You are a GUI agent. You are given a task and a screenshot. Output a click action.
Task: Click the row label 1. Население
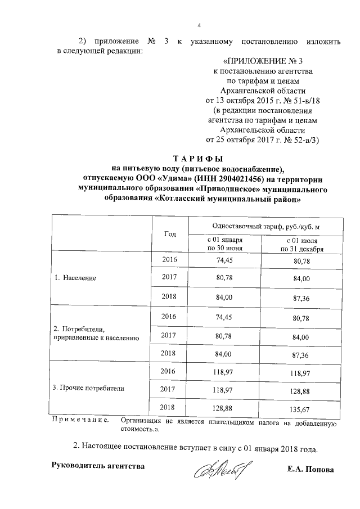[x=75, y=278]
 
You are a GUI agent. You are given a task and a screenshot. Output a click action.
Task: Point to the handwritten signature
[x=222, y=468]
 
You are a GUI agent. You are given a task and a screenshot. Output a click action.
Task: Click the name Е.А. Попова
[x=310, y=469]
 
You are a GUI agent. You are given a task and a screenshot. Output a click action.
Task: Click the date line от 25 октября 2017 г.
[x=263, y=139]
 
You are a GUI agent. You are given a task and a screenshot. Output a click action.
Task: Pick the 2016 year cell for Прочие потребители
[x=169, y=371]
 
